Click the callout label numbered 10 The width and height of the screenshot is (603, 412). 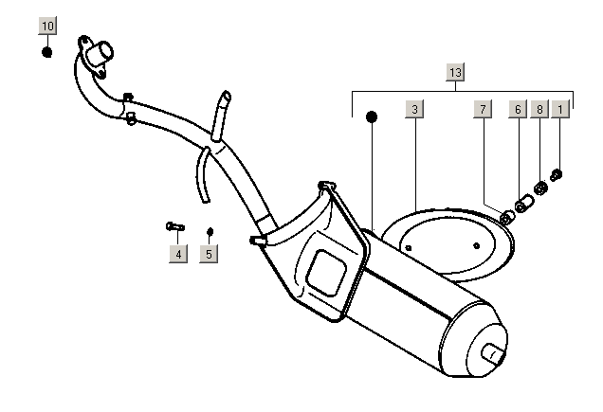(48, 26)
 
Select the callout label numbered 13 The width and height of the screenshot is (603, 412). (456, 73)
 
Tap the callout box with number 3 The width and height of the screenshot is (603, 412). (414, 111)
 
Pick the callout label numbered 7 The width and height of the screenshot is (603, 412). (483, 111)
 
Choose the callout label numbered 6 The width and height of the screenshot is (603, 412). (518, 111)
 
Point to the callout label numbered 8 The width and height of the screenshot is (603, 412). (539, 111)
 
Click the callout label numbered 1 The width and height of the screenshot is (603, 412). (561, 111)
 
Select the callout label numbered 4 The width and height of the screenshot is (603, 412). (177, 253)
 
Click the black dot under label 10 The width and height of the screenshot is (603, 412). (47, 50)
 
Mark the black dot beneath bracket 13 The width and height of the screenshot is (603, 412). (372, 116)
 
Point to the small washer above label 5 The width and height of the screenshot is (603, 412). (210, 230)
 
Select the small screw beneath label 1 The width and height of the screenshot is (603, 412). (557, 174)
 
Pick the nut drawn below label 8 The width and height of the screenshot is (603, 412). (539, 189)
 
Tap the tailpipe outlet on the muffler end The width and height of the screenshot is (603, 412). (494, 355)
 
